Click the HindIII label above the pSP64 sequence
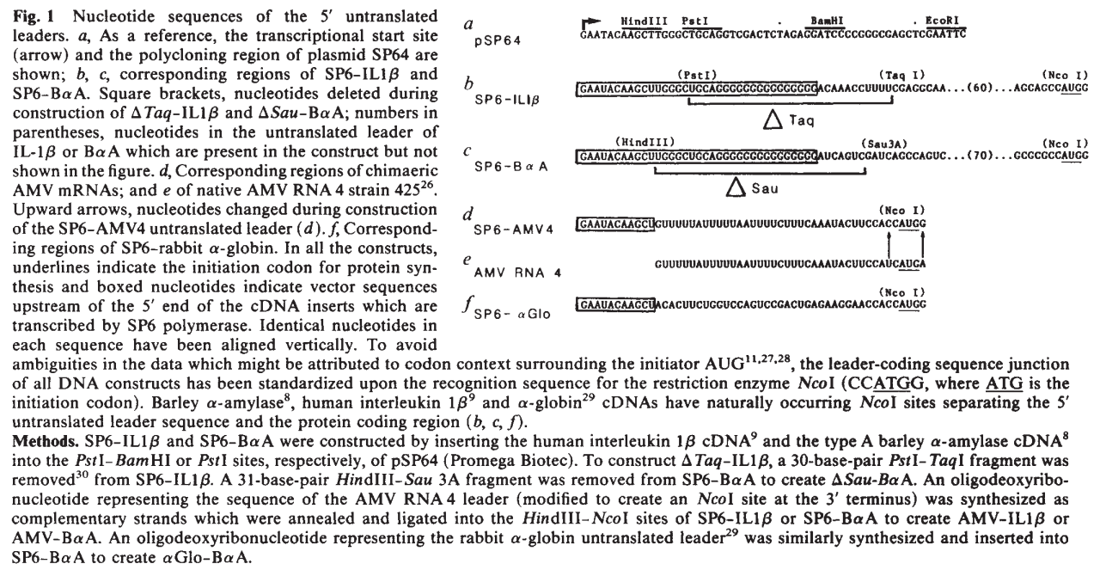645,21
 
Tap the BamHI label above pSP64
827,21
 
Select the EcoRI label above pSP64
942,21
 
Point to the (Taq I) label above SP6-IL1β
901,75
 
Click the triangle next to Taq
773,120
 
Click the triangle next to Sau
736,187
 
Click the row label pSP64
498,41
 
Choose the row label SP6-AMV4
514,230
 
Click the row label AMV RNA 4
518,273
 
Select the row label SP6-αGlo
512,314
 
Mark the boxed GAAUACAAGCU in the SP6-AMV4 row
615,224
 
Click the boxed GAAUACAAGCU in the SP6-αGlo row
615,304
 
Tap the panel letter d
467,215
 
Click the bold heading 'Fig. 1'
34,17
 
